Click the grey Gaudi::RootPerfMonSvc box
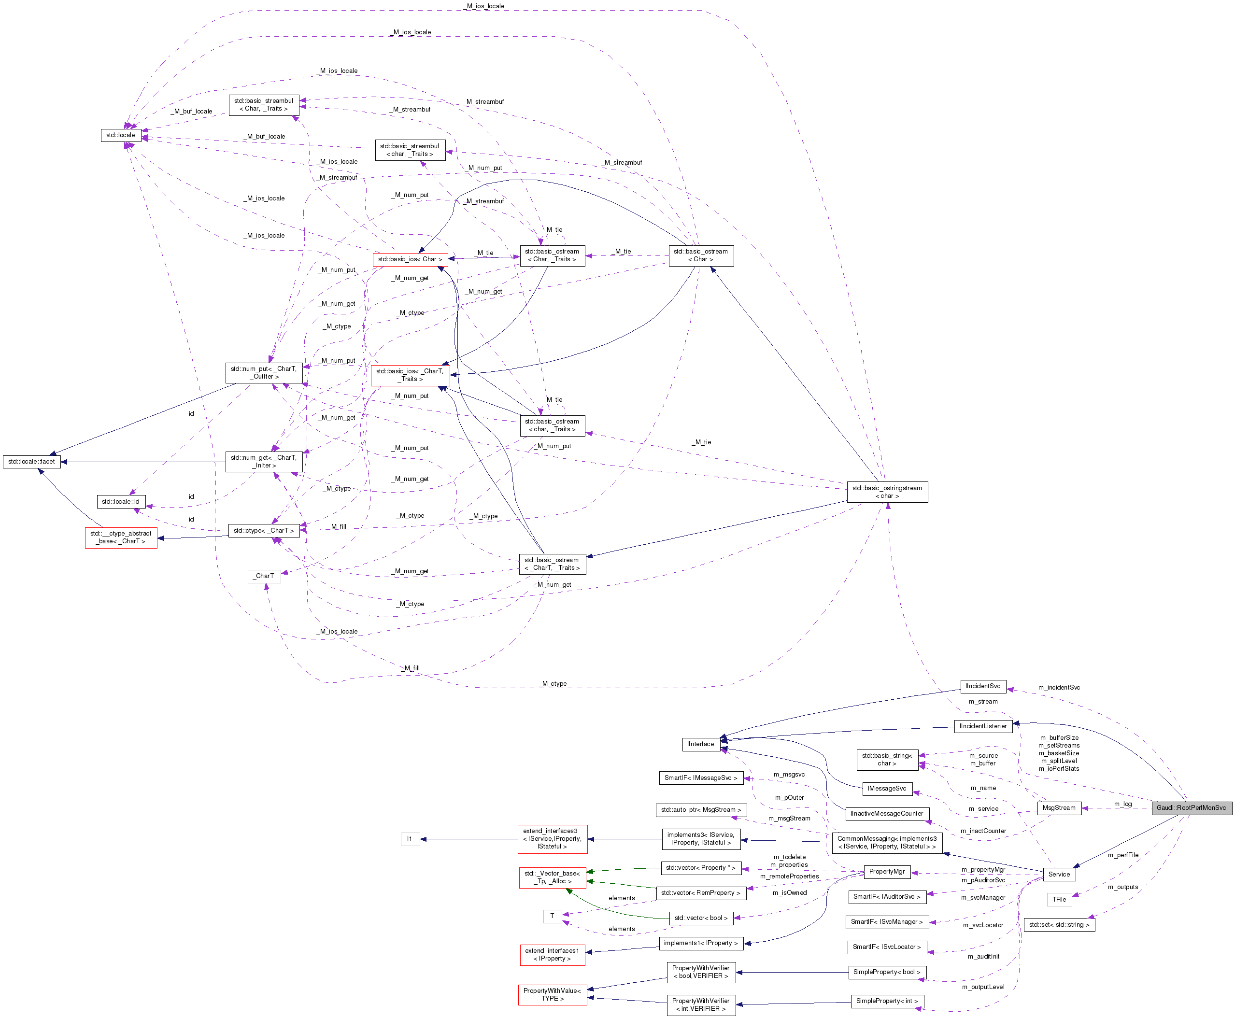coord(1191,807)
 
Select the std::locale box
coord(120,135)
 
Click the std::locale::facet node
coord(32,462)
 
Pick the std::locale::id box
coord(121,501)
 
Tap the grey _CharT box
coord(264,576)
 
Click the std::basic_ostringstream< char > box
coord(887,492)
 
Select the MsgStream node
coord(1059,807)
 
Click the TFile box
coord(1059,899)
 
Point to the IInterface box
coord(700,744)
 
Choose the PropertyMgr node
coord(887,871)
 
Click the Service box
coord(1059,874)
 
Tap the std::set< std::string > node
coord(1059,925)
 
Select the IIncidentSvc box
coord(983,686)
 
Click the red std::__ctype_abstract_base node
coord(121,537)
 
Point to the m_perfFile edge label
coord(1122,855)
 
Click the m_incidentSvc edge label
coord(1059,687)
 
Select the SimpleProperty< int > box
coord(887,1001)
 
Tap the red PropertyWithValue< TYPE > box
coord(552,994)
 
